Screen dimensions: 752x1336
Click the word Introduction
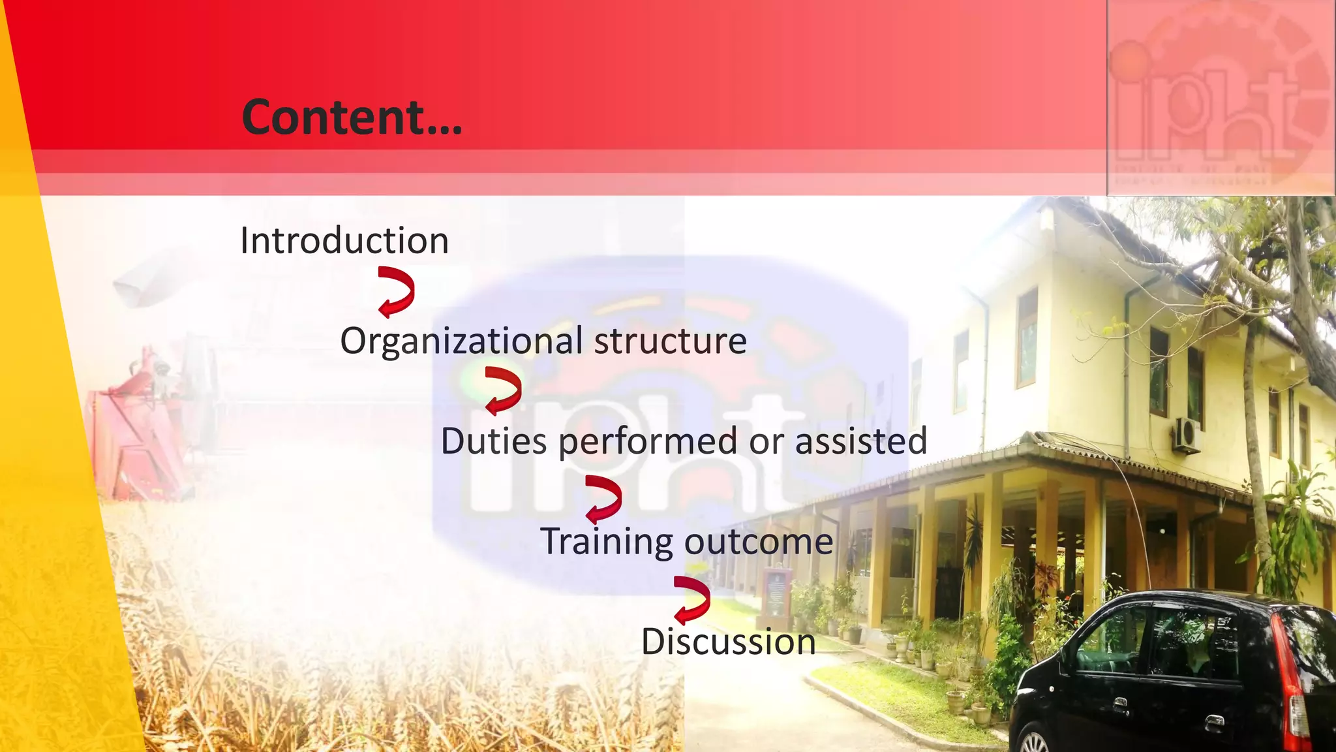(x=344, y=240)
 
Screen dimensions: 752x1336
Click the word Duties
(x=494, y=441)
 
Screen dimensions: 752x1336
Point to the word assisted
(x=860, y=441)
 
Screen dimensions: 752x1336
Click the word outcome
(x=758, y=541)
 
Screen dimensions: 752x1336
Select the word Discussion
(x=728, y=642)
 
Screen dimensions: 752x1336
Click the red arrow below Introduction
(x=397, y=292)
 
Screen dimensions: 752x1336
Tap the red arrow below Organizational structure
(x=503, y=391)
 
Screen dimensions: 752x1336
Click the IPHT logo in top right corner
(x=1220, y=98)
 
